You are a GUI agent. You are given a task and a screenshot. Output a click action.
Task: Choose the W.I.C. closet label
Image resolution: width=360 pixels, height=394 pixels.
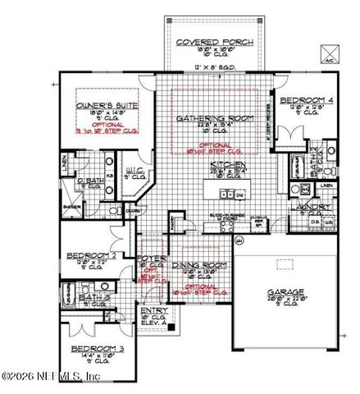(x=135, y=170)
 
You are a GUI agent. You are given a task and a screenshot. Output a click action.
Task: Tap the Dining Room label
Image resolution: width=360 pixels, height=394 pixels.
(x=199, y=265)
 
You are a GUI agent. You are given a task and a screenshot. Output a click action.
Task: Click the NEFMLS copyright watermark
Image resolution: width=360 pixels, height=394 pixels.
(x=51, y=377)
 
